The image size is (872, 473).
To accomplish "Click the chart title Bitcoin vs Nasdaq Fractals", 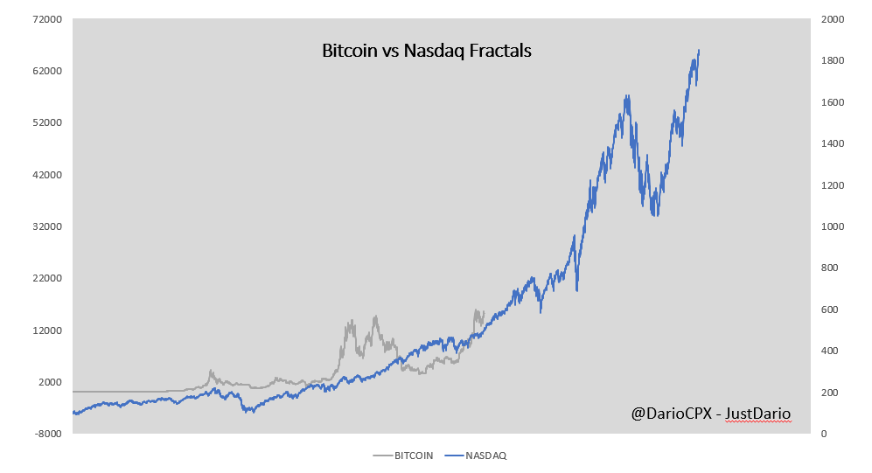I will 427,51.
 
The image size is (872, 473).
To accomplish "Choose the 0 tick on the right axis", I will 826,434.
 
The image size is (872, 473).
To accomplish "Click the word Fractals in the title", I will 499,51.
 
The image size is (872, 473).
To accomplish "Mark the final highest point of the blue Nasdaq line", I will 698,51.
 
